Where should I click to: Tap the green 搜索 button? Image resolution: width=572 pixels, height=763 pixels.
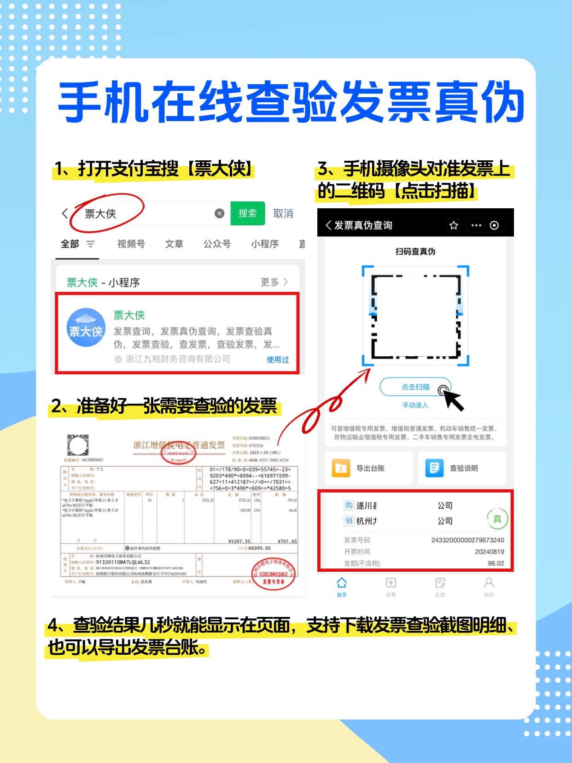(247, 213)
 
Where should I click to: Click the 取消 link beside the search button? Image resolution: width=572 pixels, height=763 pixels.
(283, 214)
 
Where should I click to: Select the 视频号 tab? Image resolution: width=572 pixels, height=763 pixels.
(131, 244)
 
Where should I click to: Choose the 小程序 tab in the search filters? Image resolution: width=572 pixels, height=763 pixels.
(264, 244)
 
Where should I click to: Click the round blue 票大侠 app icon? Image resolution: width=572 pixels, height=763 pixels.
(86, 328)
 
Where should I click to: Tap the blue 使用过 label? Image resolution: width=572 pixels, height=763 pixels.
(277, 359)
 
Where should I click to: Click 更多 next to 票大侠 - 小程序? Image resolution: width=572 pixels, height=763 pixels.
(274, 282)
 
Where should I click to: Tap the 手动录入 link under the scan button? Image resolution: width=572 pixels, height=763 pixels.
(415, 405)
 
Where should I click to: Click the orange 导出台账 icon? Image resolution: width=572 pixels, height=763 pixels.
(341, 468)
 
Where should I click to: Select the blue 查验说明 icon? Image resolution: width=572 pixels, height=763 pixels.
(434, 468)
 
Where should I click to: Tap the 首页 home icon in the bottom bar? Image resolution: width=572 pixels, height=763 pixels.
(342, 583)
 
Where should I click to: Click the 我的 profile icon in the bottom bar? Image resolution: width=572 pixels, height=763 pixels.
(489, 583)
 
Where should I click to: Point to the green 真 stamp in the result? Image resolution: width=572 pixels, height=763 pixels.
(497, 519)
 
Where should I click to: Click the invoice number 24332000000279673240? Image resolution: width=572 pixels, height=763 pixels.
(467, 540)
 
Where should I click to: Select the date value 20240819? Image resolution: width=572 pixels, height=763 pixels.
(489, 552)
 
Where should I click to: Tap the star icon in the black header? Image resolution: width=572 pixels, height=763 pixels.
(454, 225)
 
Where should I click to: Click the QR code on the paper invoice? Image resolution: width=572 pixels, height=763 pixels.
(77, 445)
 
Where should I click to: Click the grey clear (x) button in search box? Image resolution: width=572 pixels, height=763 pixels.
(220, 213)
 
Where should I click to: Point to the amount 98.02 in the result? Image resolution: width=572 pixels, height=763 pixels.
(496, 563)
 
